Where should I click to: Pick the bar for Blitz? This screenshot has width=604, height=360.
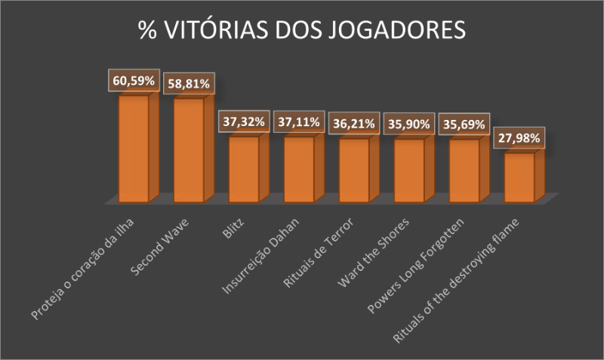pyautogui.click(x=244, y=169)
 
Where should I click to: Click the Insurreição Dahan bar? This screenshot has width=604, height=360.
pyautogui.click(x=299, y=169)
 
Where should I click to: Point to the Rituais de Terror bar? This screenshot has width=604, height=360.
pyautogui.click(x=354, y=170)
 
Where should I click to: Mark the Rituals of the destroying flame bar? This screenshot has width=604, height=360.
pyautogui.click(x=519, y=177)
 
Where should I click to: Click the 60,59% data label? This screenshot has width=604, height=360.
pyautogui.click(x=134, y=79)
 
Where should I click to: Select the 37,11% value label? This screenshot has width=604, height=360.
pyautogui.click(x=299, y=121)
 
